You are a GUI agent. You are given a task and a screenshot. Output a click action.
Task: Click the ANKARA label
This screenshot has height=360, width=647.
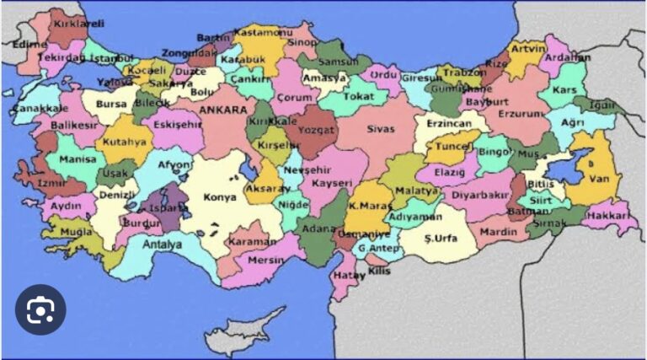click(223, 110)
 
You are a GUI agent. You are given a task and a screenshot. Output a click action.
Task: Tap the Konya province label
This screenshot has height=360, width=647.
click(221, 197)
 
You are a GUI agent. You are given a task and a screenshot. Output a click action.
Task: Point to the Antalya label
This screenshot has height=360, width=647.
click(163, 244)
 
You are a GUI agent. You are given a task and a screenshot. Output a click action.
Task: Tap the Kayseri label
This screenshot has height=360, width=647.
click(330, 183)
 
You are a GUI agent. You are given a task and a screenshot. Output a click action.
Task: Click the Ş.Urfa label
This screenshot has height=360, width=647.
click(440, 239)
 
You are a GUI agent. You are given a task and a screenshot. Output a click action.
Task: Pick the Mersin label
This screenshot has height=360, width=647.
click(266, 261)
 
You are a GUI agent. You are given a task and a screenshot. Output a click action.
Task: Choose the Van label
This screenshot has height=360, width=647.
click(597, 179)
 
